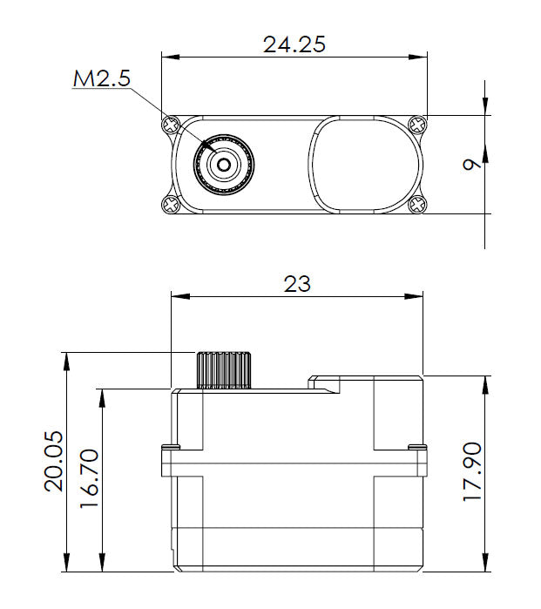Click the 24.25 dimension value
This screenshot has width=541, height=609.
tap(294, 44)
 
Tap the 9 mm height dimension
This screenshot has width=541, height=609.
tap(471, 164)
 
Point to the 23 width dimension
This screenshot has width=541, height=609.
tap(296, 283)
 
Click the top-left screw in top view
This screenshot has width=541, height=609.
tap(171, 125)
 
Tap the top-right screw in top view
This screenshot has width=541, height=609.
tap(419, 125)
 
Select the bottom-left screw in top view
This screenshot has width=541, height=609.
tap(168, 205)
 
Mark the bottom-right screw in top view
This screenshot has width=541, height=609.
tap(419, 205)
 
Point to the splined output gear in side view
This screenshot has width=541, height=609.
tap(224, 370)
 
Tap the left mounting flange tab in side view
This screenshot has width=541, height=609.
tap(169, 461)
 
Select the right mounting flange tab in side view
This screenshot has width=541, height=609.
tap(418, 461)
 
